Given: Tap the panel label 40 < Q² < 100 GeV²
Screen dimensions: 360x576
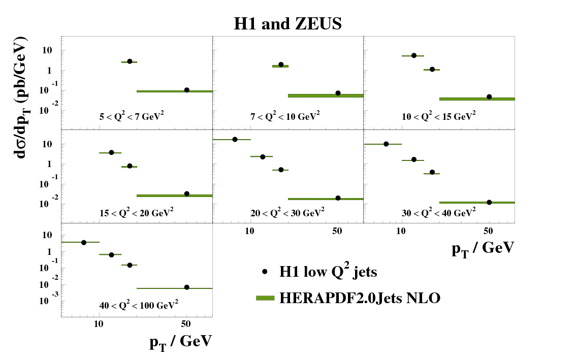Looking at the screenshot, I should (139, 305).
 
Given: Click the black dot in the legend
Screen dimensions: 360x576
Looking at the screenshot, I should (265, 272).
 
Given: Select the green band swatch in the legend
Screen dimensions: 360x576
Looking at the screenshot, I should (265, 298).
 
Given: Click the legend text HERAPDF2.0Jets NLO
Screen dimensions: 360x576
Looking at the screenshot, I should (360, 298).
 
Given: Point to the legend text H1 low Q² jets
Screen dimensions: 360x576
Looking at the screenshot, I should (328, 272).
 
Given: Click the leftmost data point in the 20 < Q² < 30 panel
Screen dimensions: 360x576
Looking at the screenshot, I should (235, 139).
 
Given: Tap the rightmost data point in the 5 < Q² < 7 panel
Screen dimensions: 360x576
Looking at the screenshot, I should (187, 90).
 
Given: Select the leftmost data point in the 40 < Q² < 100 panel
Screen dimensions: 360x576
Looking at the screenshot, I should (84, 242).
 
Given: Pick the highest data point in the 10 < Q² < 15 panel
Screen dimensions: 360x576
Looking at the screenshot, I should (414, 55).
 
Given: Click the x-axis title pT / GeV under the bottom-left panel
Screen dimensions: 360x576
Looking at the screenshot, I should (180, 342).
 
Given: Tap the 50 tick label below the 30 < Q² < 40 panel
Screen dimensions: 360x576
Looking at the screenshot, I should (489, 232).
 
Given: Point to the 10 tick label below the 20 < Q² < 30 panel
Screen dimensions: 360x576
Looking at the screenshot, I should (249, 232).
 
